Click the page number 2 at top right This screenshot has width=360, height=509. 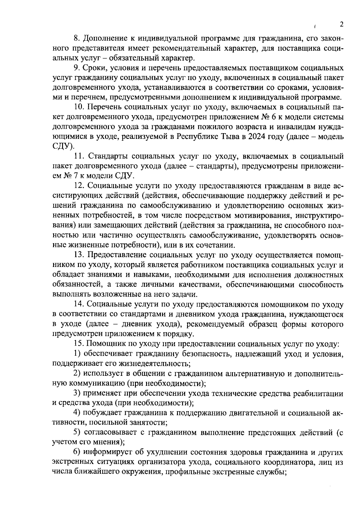pos(341,25)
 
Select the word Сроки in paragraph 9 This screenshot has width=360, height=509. pos(95,68)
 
